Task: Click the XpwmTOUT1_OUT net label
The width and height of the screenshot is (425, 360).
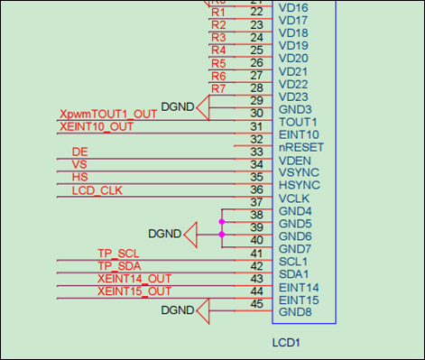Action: (x=107, y=115)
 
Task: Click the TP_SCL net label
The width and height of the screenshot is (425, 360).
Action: (x=118, y=254)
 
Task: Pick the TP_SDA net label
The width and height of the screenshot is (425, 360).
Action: (x=119, y=266)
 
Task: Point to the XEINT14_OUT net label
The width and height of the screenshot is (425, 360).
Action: (x=134, y=279)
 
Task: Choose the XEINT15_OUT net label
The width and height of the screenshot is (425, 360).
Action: (x=134, y=291)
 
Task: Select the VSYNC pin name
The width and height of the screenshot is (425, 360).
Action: (x=298, y=172)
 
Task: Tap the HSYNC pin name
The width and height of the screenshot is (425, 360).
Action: (x=298, y=185)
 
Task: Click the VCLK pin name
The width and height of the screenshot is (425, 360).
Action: (x=294, y=198)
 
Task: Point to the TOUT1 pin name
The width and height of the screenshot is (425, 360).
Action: (x=297, y=122)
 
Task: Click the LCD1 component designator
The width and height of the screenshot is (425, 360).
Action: (x=286, y=343)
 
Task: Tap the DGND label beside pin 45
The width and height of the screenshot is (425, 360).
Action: (x=177, y=310)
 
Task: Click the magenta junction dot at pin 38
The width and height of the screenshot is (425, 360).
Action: (x=221, y=219)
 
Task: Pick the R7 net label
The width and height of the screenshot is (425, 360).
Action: (x=218, y=88)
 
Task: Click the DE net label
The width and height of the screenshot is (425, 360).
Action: (x=79, y=152)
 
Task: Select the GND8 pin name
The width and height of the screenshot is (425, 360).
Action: (x=295, y=312)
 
